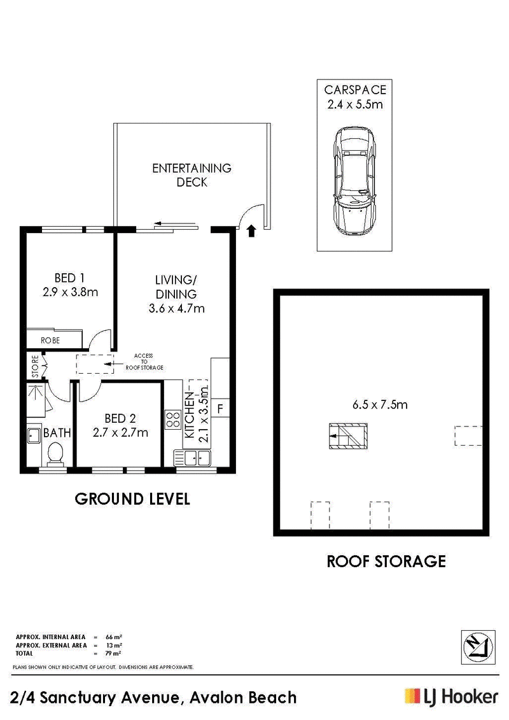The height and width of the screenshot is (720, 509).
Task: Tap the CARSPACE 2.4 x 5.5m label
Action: click(x=355, y=97)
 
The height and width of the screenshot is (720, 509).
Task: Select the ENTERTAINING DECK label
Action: click(x=192, y=175)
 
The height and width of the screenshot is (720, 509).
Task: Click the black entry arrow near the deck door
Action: click(x=251, y=231)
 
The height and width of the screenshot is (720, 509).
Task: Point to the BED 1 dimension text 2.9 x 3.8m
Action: click(x=70, y=292)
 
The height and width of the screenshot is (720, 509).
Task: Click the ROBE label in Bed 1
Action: click(x=50, y=340)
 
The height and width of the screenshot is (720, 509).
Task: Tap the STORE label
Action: click(x=36, y=367)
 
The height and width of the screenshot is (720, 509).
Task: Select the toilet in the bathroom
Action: click(x=55, y=453)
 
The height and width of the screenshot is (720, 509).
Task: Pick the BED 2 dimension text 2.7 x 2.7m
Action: click(x=120, y=432)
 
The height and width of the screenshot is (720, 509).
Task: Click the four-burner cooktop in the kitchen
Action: click(x=173, y=420)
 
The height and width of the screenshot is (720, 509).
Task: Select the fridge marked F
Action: click(x=220, y=408)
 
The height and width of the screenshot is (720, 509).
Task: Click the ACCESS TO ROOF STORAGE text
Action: click(x=144, y=362)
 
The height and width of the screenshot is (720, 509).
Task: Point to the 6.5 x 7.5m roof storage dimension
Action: click(x=380, y=404)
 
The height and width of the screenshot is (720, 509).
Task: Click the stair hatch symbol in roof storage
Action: click(x=348, y=436)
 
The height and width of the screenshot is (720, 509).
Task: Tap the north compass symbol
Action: click(x=478, y=647)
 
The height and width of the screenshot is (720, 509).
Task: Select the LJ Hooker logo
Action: click(x=451, y=698)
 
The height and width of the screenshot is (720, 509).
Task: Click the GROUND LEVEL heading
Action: click(x=132, y=499)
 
